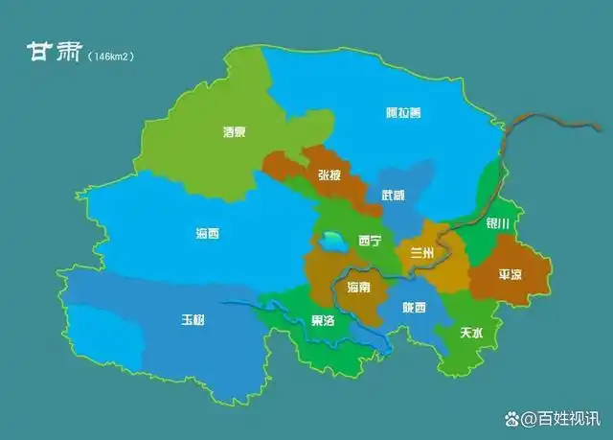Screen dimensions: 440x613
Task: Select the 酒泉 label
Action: (234, 131)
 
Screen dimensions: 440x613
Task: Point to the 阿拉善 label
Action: (397, 112)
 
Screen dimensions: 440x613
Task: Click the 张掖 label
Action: (329, 174)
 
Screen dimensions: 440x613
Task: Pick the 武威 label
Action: (393, 195)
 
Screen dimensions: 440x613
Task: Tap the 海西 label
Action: (208, 233)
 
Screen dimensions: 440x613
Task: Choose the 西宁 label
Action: (371, 241)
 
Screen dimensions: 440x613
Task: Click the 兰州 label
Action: (422, 252)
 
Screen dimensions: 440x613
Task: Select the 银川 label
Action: (498, 223)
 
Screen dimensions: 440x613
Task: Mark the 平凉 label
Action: (511, 273)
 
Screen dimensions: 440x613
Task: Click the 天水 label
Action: (471, 333)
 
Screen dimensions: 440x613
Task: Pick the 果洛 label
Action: (324, 320)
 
